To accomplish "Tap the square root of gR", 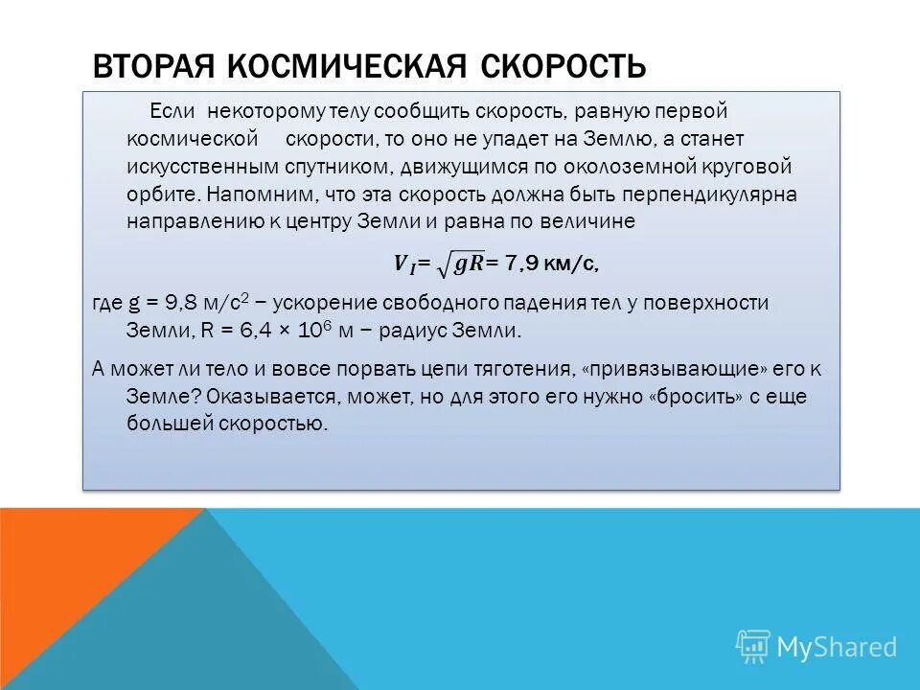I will [463, 263].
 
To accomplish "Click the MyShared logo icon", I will [753, 647].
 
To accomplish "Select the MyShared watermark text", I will [837, 647].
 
